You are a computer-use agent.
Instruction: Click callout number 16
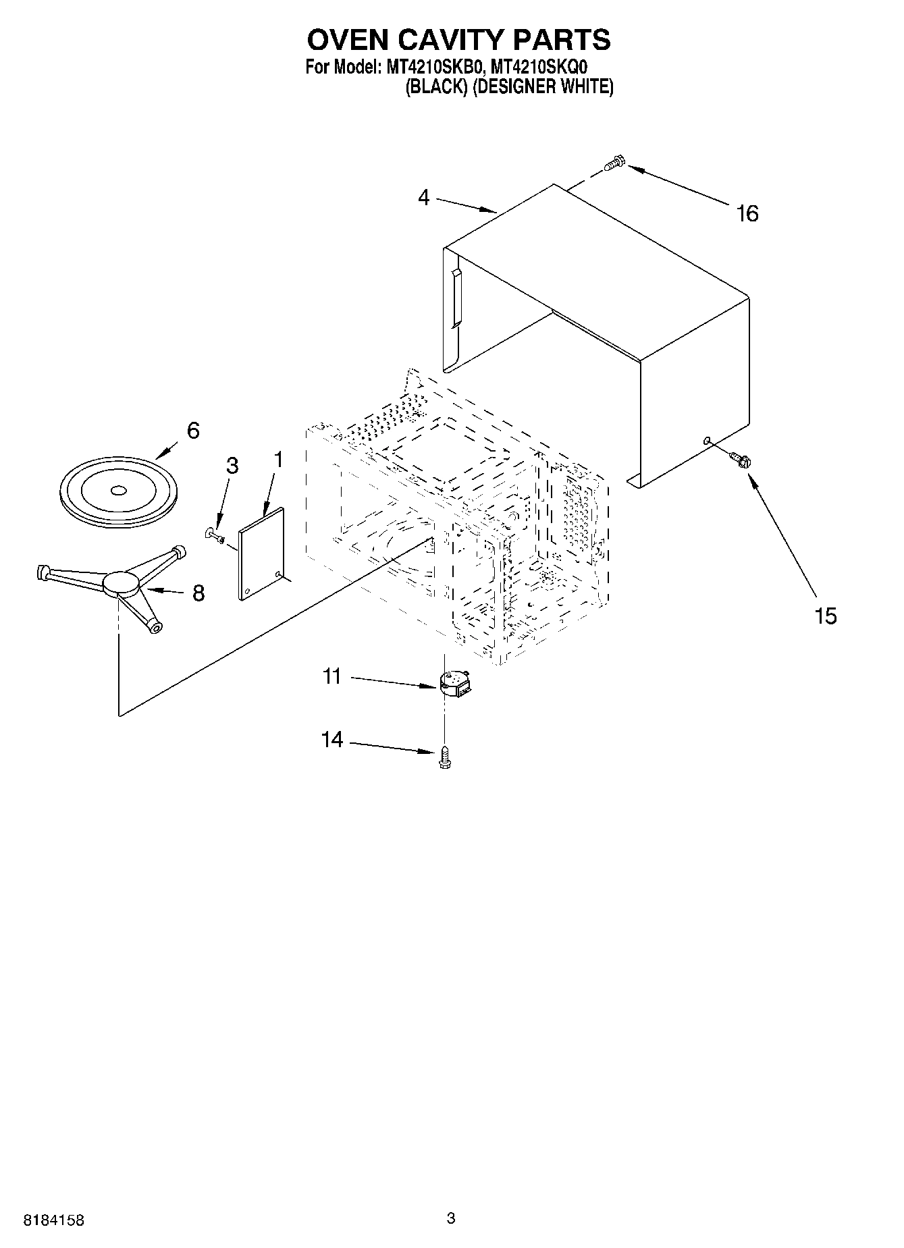tap(747, 213)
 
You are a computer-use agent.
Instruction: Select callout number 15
tap(826, 616)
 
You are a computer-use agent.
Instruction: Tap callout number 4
tap(423, 198)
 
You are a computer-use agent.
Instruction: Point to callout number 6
tap(193, 430)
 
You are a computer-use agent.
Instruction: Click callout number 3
tap(232, 466)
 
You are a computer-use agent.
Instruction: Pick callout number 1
tap(277, 460)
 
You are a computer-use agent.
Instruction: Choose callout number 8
tap(198, 593)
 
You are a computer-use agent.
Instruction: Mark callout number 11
tap(332, 676)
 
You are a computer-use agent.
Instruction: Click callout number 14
tap(331, 740)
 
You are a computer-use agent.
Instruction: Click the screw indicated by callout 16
tap(614, 163)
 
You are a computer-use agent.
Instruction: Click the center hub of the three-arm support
tap(122, 582)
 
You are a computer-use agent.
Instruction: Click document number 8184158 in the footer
tap(54, 1220)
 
